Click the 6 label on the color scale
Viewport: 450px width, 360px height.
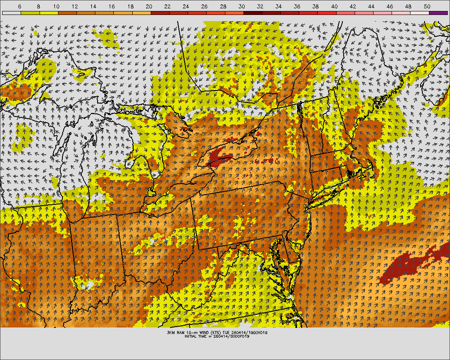pos(20,7)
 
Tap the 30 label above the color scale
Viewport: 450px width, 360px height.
pos(242,7)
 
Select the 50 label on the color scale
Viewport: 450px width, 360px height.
pos(427,7)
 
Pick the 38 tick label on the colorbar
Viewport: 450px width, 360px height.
pos(316,7)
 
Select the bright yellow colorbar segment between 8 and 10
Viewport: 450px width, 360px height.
pos(49,13)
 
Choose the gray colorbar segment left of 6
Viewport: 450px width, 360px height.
pos(11,13)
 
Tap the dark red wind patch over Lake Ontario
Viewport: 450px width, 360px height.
pos(219,157)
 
